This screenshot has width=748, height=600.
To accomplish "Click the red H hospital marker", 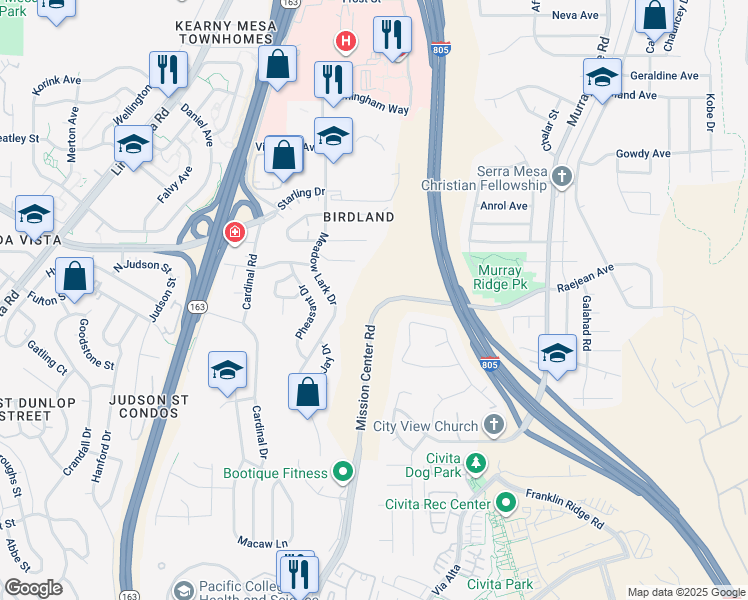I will [x=346, y=41].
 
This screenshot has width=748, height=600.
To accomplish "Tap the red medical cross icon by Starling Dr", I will [x=234, y=232].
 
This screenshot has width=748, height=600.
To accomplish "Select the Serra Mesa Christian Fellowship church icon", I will [x=562, y=178].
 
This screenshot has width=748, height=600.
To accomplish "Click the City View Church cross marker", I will [x=492, y=426].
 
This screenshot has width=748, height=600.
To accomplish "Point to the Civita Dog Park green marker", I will [x=477, y=463].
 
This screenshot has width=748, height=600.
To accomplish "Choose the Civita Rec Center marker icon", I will [x=505, y=503].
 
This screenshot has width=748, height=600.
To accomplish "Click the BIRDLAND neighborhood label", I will [x=358, y=217].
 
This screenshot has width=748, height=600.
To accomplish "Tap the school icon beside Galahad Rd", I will [x=557, y=353].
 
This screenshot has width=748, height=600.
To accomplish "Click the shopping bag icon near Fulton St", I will [x=74, y=275].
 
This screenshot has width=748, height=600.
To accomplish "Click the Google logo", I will [x=33, y=588].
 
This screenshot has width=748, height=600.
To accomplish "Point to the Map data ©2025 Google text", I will [x=686, y=592].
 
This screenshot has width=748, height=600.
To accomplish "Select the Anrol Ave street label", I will [x=503, y=206].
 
